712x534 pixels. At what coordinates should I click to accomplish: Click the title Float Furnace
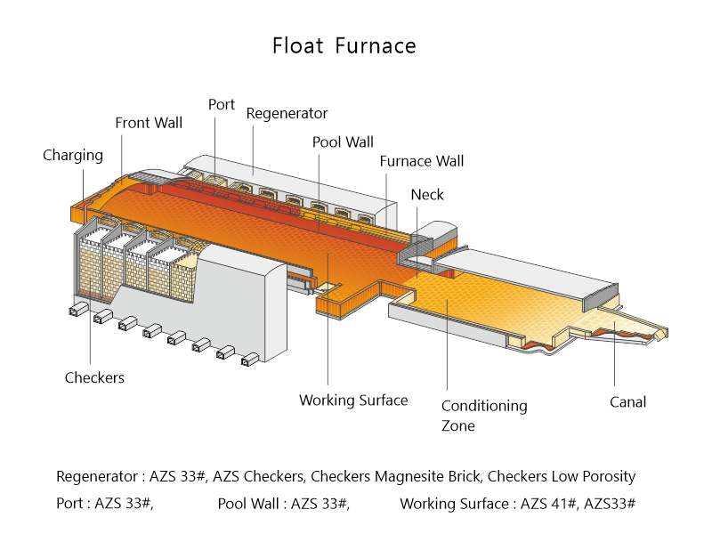344,45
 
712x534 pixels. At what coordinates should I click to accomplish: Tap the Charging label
73,156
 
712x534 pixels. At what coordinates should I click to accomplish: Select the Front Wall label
149,123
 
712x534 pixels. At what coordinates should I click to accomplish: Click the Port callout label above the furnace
222,105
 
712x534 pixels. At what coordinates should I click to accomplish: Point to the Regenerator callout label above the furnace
287,114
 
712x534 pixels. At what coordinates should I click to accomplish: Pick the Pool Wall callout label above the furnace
343,142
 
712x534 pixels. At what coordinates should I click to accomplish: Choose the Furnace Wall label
421,162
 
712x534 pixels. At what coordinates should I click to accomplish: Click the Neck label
427,195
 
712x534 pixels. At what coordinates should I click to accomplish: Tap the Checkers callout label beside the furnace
94,377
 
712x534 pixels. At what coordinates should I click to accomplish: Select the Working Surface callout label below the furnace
353,400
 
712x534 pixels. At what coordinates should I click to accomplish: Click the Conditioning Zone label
484,416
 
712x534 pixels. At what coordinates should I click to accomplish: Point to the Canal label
627,402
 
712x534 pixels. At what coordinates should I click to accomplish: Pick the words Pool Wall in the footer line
250,504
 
